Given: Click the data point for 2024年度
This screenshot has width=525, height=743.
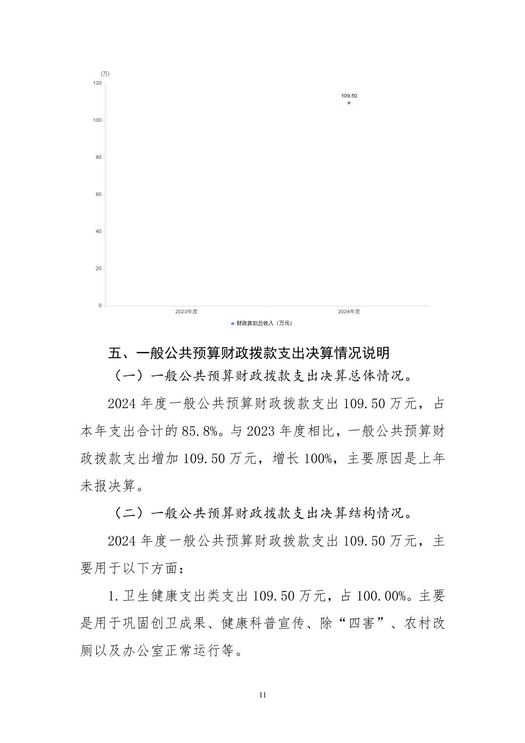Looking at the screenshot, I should click(x=349, y=103).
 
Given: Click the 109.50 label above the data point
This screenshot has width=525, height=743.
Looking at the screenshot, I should click(x=349, y=96).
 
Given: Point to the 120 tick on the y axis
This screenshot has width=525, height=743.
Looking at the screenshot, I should click(x=97, y=83).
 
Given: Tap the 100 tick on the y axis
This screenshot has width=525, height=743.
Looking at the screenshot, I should click(x=97, y=120).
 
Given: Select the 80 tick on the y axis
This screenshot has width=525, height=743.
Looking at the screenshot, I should click(x=99, y=157).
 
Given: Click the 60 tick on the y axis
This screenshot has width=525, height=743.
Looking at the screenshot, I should click(x=99, y=195).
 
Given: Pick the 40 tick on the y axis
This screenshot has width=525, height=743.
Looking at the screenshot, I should click(x=99, y=231).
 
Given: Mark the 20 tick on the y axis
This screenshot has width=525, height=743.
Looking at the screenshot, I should click(x=99, y=268).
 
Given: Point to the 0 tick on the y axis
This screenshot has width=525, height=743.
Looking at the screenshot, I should click(x=100, y=306).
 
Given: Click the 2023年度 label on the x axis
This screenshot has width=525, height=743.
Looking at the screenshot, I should click(x=186, y=312).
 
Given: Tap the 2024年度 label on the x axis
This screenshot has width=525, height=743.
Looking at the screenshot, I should click(x=349, y=312).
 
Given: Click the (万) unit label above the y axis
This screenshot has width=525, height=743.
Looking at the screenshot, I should click(x=105, y=74).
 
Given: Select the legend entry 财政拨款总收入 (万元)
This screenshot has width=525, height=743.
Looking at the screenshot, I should click(x=264, y=323).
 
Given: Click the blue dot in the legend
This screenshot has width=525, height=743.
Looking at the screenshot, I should click(x=233, y=324).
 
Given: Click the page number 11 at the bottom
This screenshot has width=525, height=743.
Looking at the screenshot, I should click(x=262, y=695).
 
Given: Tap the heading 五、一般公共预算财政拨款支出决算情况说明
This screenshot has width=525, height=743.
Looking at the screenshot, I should click(x=249, y=353).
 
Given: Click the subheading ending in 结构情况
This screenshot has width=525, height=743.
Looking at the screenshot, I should click(x=262, y=513).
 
